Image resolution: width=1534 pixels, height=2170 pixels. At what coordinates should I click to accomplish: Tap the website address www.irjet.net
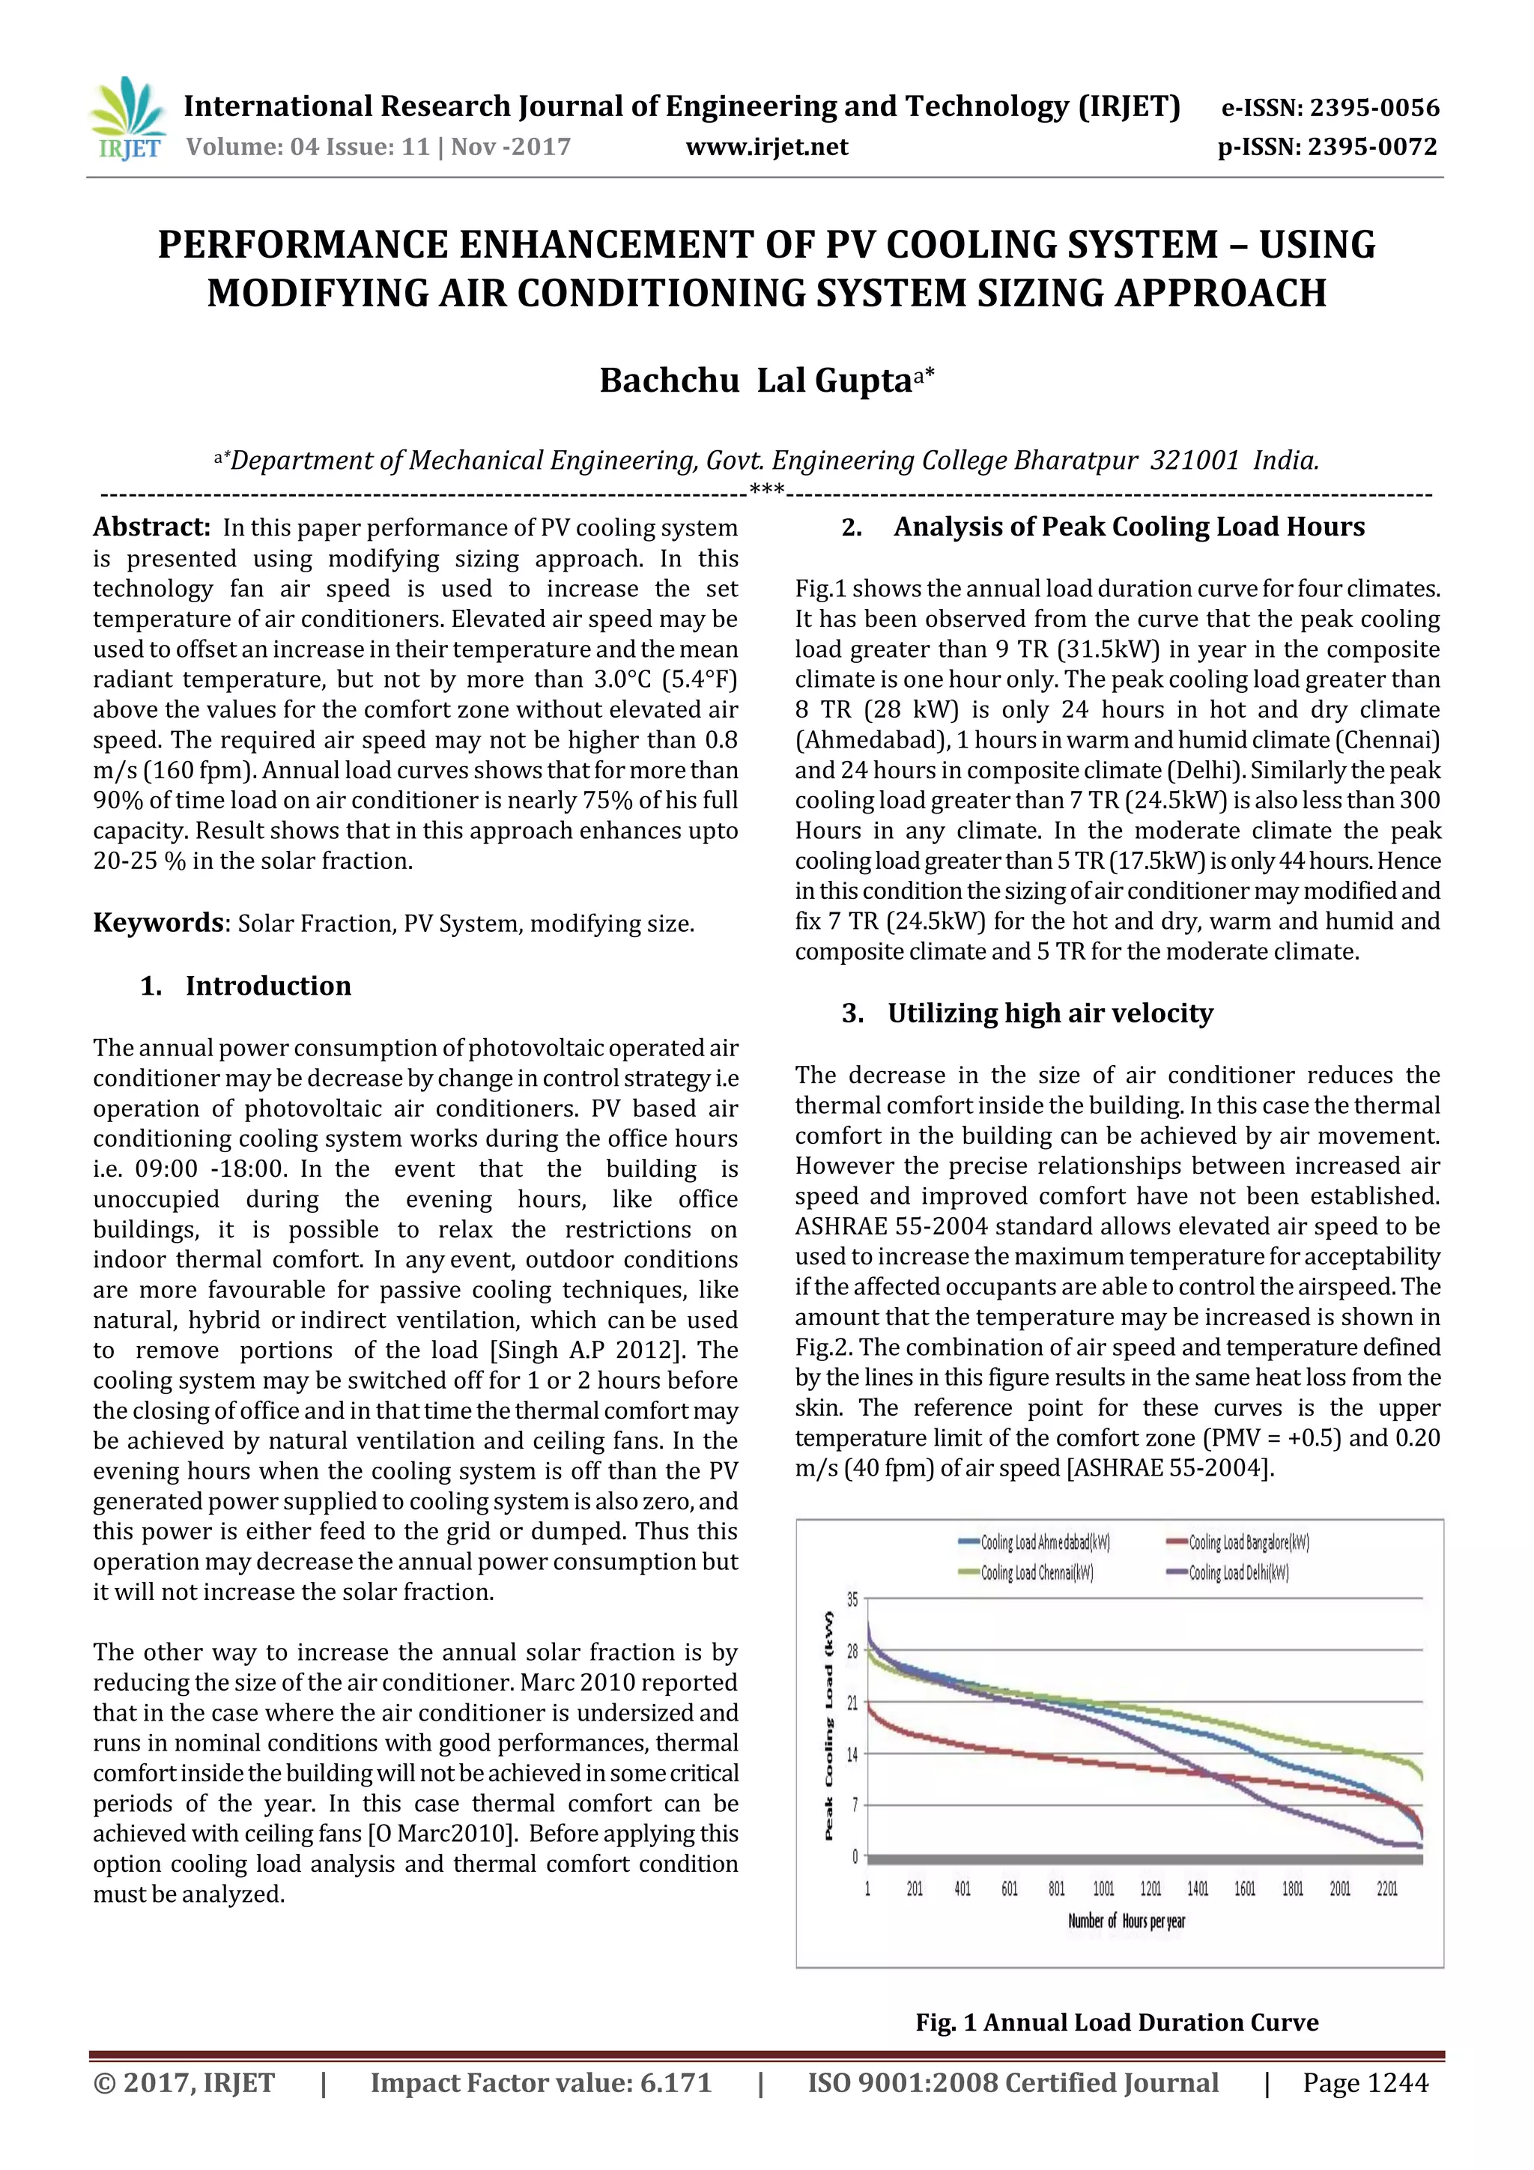click(x=766, y=148)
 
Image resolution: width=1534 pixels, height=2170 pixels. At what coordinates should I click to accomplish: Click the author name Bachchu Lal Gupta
click(x=766, y=380)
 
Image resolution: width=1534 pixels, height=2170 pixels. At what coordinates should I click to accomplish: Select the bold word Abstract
click(x=151, y=527)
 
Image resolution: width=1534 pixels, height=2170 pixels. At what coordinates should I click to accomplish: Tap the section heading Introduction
click(x=267, y=986)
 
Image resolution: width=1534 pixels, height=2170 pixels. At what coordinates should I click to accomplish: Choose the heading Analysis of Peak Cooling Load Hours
click(x=1129, y=527)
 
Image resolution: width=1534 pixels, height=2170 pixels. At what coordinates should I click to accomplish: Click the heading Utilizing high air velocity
click(x=1049, y=1013)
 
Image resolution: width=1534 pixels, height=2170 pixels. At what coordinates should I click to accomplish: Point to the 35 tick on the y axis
click(x=852, y=1599)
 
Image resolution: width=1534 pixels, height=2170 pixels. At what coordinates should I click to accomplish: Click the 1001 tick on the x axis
click(x=1103, y=1888)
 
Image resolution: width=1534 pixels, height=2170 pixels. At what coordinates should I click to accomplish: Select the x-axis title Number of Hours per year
click(x=1127, y=1921)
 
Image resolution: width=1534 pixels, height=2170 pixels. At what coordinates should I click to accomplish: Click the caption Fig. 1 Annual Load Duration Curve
click(x=1116, y=2022)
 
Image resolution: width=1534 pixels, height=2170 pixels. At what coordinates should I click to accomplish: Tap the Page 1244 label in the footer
click(x=1365, y=2083)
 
